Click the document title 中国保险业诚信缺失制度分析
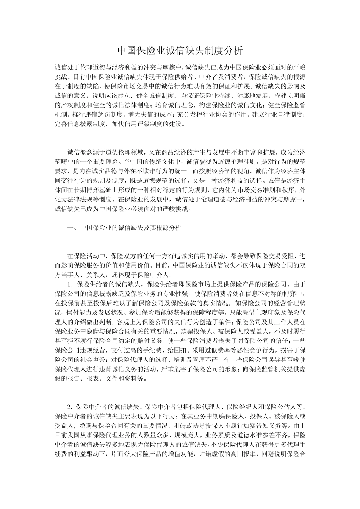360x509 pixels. (180, 50)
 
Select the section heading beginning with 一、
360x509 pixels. (124, 228)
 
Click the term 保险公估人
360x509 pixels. (283, 407)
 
